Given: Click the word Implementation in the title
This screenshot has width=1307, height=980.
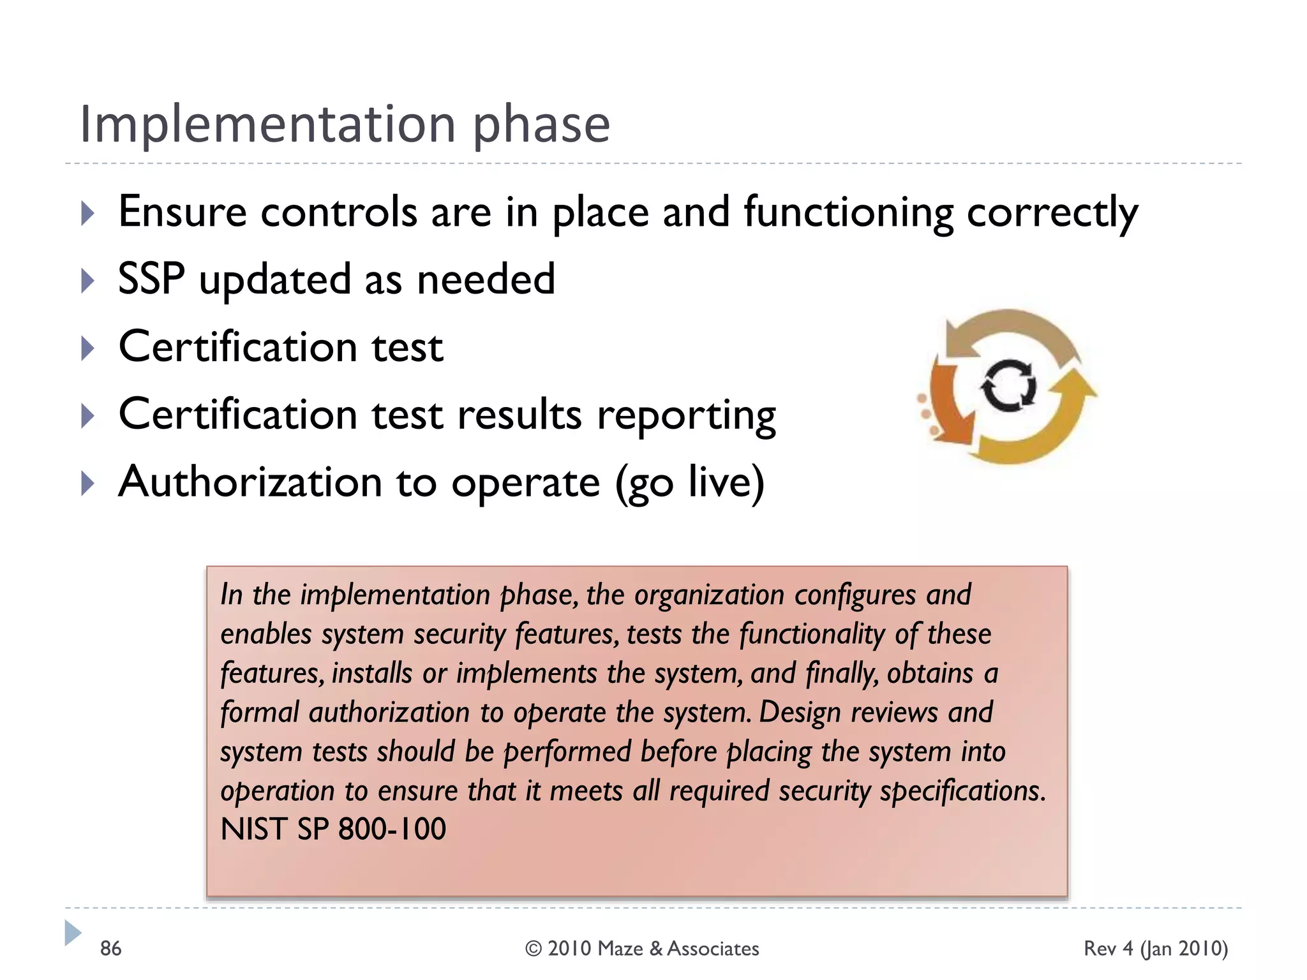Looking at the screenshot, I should click(267, 124).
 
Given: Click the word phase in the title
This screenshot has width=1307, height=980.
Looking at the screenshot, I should click(541, 126).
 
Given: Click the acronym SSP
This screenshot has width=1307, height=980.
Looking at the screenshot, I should click(151, 279).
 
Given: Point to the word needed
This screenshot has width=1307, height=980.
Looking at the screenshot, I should click(486, 279).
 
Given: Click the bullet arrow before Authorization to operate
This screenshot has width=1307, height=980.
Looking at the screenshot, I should click(88, 484).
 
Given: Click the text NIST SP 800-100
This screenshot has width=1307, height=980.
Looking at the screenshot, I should click(333, 829).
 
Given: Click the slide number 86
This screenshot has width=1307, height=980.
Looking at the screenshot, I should click(110, 949).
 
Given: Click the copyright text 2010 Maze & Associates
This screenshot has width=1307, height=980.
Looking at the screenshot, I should click(642, 949).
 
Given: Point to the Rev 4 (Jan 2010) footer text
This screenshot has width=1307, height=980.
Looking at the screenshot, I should click(1155, 949).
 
